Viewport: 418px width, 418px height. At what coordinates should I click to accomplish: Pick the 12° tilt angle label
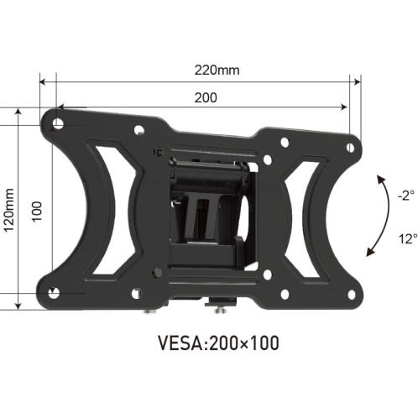[406, 238]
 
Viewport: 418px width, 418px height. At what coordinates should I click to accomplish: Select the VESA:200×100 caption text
[218, 343]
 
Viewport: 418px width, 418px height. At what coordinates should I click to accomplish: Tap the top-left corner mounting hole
[57, 123]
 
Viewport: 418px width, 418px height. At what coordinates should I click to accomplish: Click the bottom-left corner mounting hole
[55, 293]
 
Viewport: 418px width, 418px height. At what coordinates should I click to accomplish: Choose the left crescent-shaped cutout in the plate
[104, 210]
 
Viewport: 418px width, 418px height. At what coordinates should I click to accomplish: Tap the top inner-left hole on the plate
[138, 130]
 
